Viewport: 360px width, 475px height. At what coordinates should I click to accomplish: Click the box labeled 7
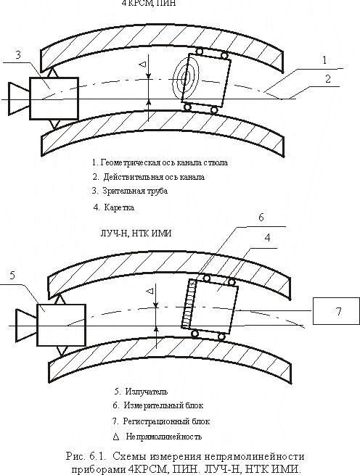(336, 311)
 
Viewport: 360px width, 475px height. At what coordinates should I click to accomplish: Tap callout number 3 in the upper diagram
(18, 55)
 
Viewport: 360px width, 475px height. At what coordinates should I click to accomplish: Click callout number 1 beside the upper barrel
(324, 60)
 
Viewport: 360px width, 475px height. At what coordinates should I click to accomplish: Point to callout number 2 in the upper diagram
(328, 79)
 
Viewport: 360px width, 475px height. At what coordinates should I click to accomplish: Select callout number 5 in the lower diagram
(12, 276)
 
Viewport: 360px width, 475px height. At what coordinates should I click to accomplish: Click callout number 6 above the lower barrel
(261, 218)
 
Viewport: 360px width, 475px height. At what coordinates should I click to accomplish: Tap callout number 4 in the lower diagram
(267, 238)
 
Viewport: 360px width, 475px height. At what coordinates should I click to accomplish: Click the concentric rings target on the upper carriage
(186, 79)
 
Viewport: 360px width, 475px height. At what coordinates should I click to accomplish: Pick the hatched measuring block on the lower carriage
(189, 304)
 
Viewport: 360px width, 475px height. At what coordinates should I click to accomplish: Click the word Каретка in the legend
(119, 207)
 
